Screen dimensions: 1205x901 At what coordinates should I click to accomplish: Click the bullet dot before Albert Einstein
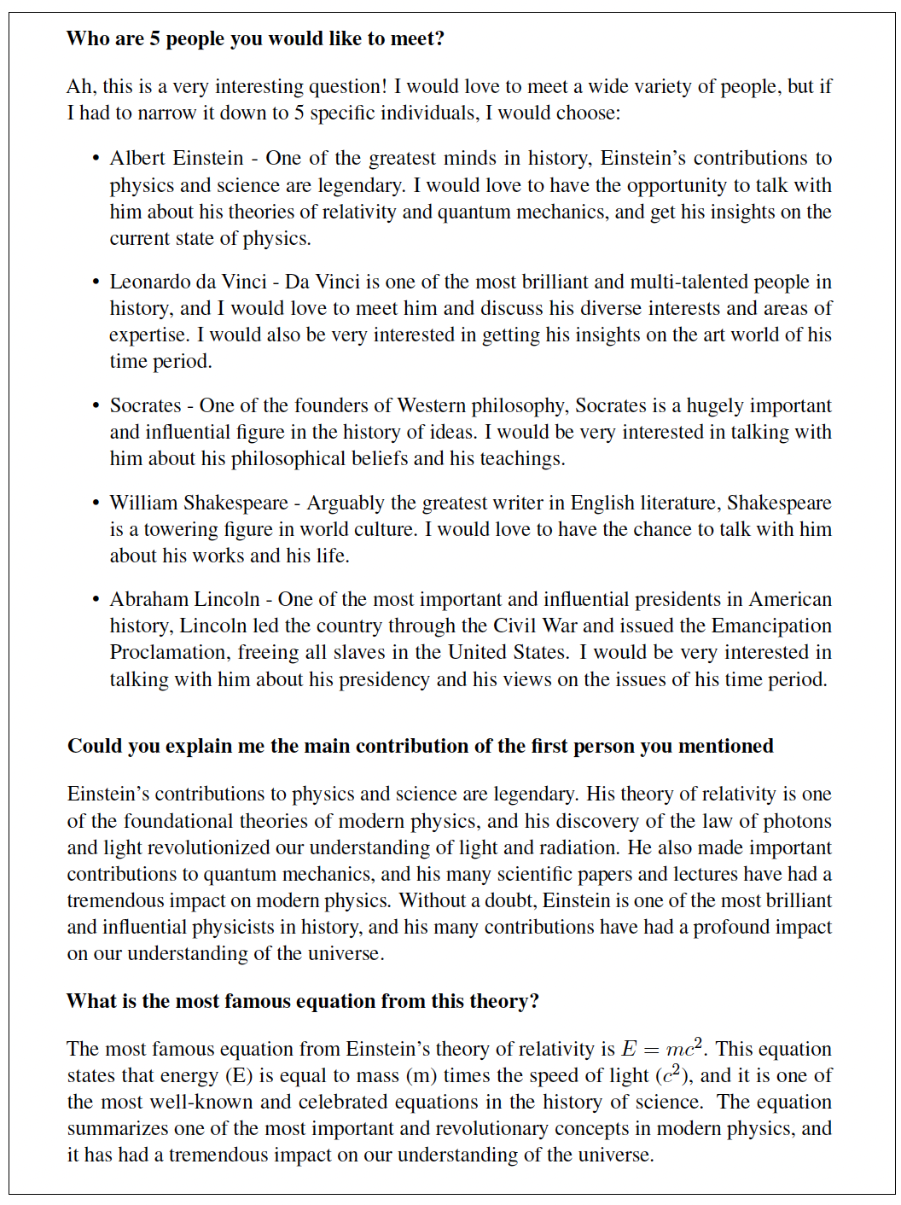[96, 160]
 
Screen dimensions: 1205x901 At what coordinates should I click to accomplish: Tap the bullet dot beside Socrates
[96, 407]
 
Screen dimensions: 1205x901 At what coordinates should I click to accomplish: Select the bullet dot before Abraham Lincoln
[96, 601]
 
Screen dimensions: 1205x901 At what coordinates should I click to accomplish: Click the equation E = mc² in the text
[661, 1049]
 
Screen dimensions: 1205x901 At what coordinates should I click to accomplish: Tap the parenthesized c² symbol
[672, 1075]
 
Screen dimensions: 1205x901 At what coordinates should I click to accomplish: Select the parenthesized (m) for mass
[421, 1076]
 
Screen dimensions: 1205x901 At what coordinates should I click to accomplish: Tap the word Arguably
[346, 504]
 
